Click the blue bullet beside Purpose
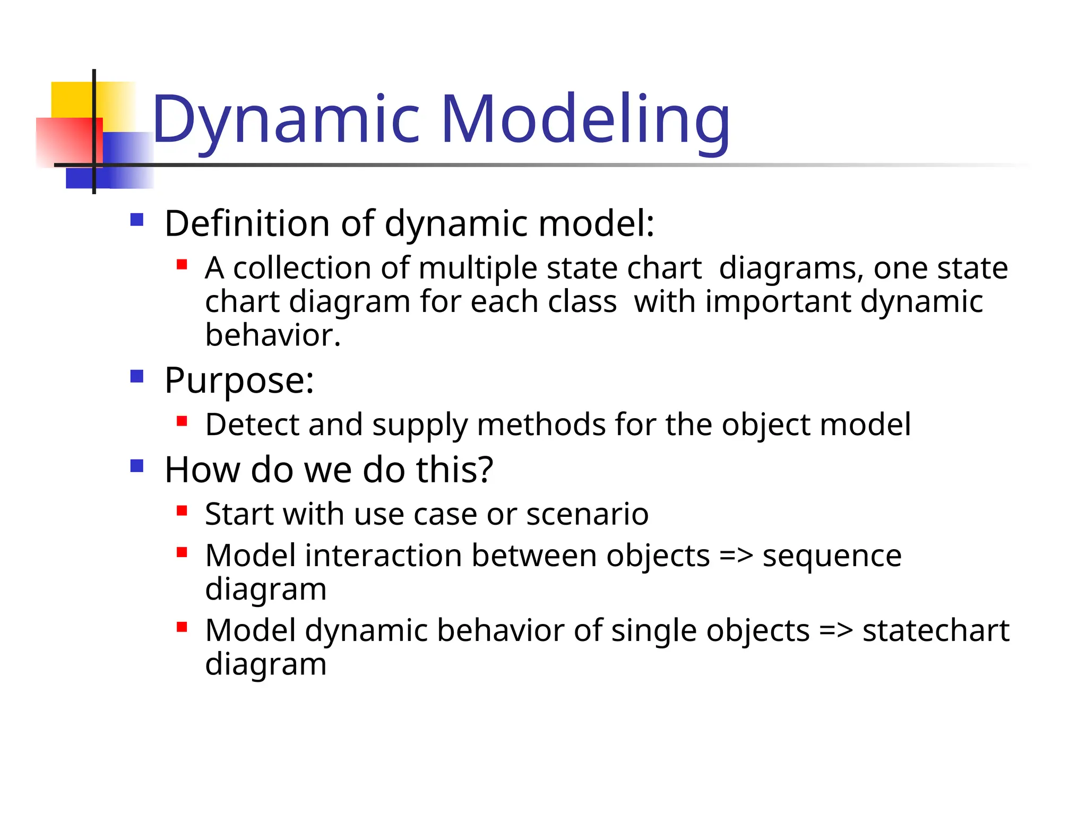(137, 377)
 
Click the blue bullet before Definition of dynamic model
(137, 220)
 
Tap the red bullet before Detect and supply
(182, 422)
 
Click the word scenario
(587, 514)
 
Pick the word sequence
(832, 557)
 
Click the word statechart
(935, 631)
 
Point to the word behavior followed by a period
(272, 335)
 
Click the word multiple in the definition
(478, 268)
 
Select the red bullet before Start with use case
(182, 511)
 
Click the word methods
(541, 425)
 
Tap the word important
(778, 302)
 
